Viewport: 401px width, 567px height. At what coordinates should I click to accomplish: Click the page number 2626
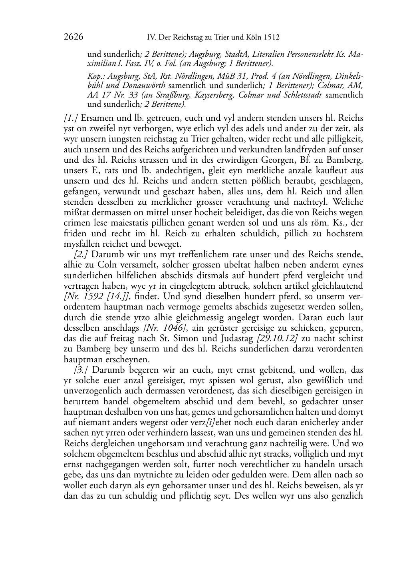pyautogui.click(x=73, y=37)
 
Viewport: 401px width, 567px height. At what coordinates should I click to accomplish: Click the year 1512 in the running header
pyautogui.click(x=271, y=38)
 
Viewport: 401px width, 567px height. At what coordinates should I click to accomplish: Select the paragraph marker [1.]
pyautogui.click(x=71, y=118)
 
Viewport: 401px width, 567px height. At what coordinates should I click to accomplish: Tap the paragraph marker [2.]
pyautogui.click(x=81, y=254)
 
